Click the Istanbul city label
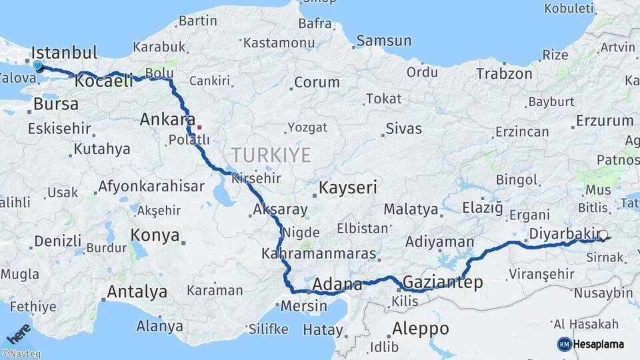(64, 52)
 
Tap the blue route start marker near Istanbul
(37, 66)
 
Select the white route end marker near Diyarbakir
(603, 235)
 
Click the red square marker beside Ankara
(199, 126)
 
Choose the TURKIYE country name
(271, 155)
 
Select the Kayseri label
(348, 188)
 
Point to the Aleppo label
(420, 329)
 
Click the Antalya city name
(137, 291)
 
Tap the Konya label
(155, 235)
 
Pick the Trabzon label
(505, 74)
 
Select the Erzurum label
(605, 121)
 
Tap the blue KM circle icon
(564, 344)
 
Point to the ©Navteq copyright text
(19, 354)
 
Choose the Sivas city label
(403, 129)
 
